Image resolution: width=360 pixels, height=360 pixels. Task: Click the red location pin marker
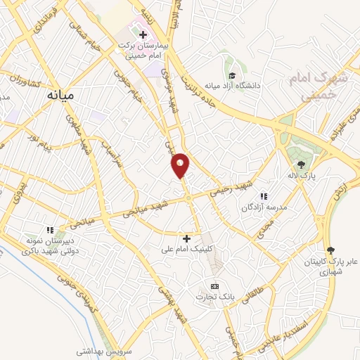click(x=181, y=165)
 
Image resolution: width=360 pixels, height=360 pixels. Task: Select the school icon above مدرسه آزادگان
click(x=264, y=196)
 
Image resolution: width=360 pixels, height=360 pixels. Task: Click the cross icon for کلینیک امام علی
click(x=186, y=239)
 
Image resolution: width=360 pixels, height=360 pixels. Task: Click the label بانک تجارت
click(x=215, y=297)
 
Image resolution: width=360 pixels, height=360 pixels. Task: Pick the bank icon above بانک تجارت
click(x=214, y=285)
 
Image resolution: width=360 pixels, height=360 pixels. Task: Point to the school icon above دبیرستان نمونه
click(x=50, y=229)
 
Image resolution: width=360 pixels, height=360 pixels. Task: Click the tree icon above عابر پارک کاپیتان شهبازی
click(x=330, y=250)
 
